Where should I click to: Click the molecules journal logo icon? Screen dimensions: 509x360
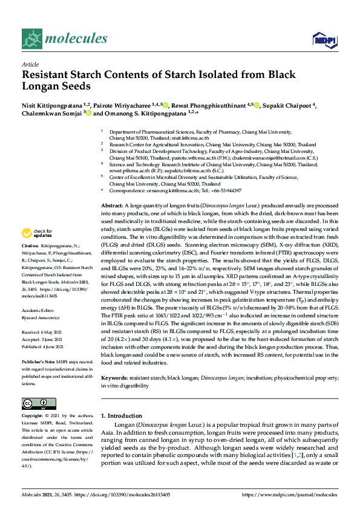(x=32, y=40)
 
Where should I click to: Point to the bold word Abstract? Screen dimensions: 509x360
(x=113, y=189)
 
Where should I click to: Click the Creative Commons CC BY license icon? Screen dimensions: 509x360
(x=34, y=403)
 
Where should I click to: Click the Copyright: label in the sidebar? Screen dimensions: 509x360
(x=33, y=416)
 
